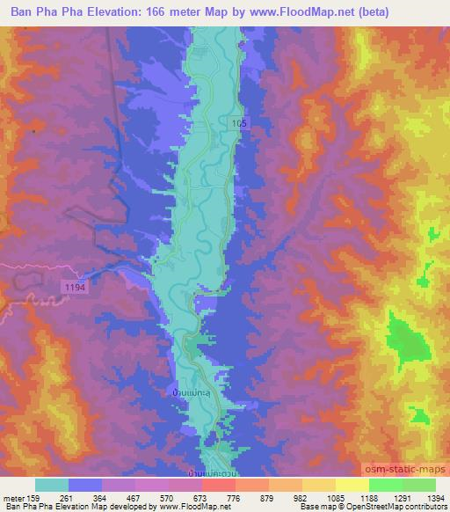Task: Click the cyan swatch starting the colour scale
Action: click(x=53, y=485)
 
